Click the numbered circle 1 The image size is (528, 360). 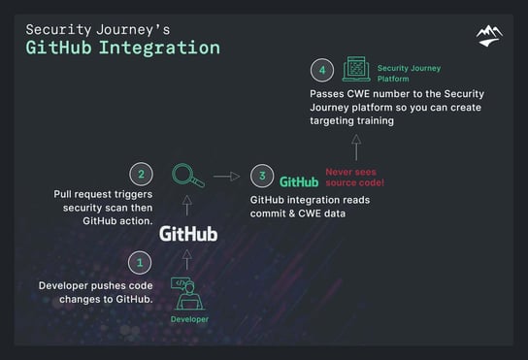coord(139,262)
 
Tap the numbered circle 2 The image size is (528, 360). coord(141,176)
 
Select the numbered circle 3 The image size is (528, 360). coord(261,177)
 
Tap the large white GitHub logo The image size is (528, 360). coord(188,234)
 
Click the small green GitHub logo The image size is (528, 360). coord(299,181)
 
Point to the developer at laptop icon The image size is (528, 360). coord(188,293)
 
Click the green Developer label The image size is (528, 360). coord(189,319)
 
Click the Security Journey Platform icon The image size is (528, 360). coord(356,69)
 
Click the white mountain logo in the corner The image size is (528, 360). coord(489,37)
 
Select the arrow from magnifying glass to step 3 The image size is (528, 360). coord(227,177)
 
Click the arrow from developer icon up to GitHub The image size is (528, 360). coord(187,261)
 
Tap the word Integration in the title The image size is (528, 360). coord(164,47)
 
